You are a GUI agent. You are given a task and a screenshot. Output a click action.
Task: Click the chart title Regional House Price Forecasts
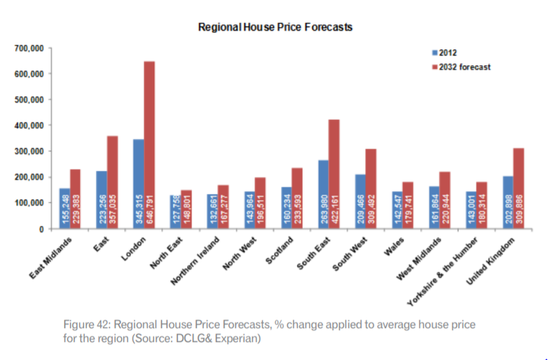point(275,28)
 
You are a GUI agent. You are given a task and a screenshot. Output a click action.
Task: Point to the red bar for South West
point(371,188)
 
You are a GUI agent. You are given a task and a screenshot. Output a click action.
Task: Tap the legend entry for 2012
point(447,52)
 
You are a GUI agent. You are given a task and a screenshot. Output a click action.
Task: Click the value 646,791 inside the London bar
point(149,208)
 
